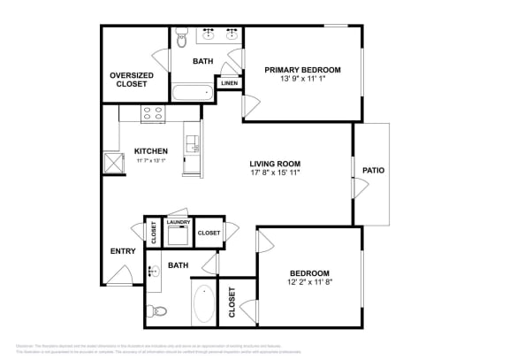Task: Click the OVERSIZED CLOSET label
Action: [x=131, y=80]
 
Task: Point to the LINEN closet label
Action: [x=229, y=83]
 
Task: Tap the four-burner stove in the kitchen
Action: [x=153, y=113]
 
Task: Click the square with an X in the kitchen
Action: [x=113, y=162]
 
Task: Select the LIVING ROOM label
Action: [x=274, y=164]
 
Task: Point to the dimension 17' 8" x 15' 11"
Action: [x=274, y=174]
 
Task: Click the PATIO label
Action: [x=374, y=171]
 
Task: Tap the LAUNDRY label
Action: [x=178, y=222]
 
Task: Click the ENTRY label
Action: [x=123, y=252]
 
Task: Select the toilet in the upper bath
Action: [x=180, y=38]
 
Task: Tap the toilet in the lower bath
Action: [x=157, y=310]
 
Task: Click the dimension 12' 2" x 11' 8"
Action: [x=309, y=283]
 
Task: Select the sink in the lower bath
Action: [x=152, y=271]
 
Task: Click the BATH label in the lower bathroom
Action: [x=179, y=264]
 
